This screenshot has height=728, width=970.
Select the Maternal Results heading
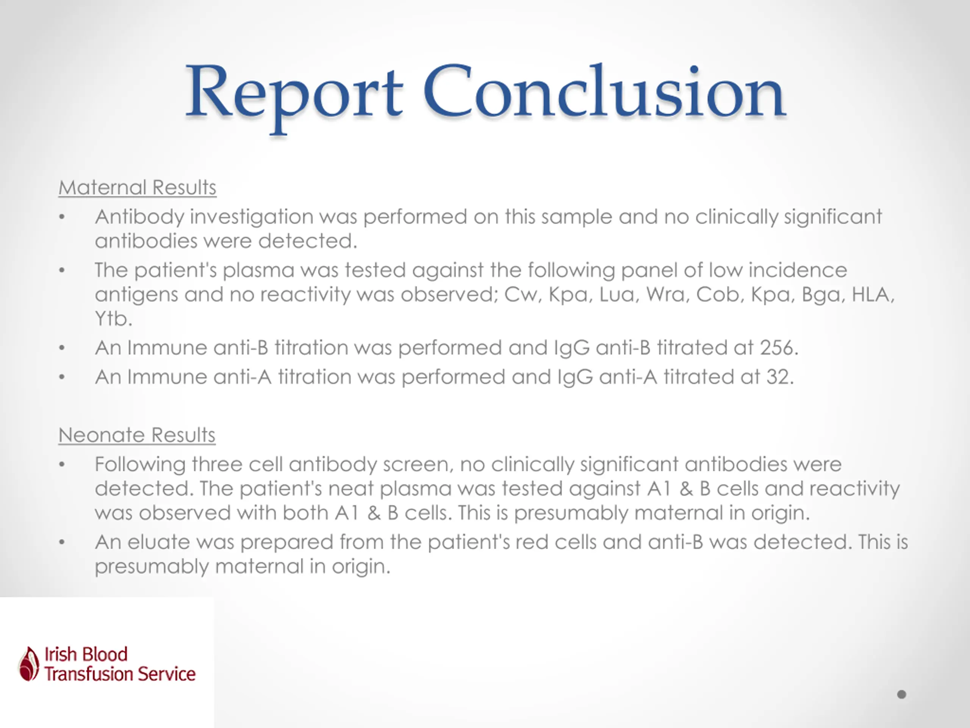click(x=137, y=188)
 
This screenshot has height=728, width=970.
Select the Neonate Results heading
click(x=137, y=435)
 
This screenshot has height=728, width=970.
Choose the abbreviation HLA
click(x=872, y=295)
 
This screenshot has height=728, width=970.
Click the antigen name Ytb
click(x=112, y=318)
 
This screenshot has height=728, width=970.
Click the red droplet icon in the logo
click(x=29, y=664)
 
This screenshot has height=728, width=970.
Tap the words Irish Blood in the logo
click(x=86, y=654)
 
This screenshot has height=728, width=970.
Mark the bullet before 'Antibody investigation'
click(x=62, y=217)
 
